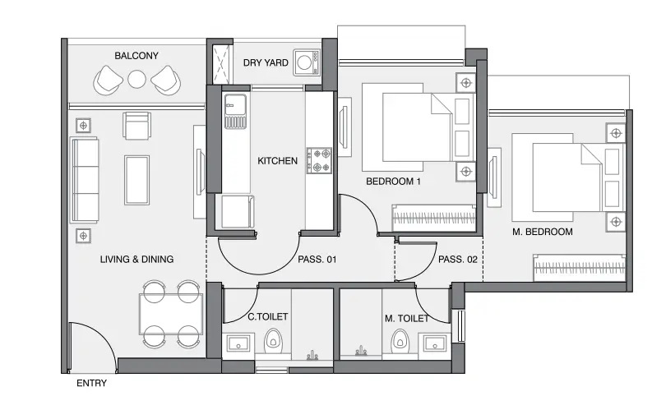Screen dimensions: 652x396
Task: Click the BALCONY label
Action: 136,56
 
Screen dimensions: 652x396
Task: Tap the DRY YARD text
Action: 266,62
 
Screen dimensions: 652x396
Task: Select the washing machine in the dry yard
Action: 307,62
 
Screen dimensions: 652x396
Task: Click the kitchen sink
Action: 235,111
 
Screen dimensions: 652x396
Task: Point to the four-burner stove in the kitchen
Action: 319,160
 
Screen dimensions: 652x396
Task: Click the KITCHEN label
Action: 277,161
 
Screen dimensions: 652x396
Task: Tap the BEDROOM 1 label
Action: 393,182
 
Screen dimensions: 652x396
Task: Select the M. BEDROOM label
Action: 542,232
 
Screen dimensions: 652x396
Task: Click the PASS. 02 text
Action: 458,260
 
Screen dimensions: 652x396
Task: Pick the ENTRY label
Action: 92,383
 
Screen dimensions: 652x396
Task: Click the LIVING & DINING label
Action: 136,260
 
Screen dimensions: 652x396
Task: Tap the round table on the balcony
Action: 136,80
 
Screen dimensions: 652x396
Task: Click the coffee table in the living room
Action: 136,180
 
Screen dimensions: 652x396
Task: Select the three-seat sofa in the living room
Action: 85,180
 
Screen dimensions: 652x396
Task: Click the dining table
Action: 171,314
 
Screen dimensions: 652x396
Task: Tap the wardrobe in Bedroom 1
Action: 433,218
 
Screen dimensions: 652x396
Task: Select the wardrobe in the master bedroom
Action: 580,268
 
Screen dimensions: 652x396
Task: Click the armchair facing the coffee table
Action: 136,126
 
